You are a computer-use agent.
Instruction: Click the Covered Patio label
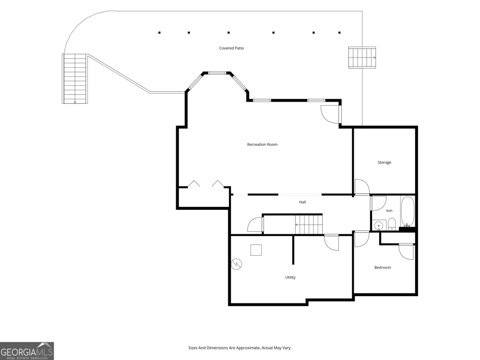tap(231, 48)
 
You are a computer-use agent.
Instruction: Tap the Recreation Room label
tap(263, 144)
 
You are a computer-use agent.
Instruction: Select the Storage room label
tap(384, 163)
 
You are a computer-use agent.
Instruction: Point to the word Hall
tap(302, 202)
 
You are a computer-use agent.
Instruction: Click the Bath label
tap(389, 211)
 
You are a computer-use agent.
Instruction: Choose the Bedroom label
tap(383, 267)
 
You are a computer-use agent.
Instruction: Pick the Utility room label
tap(290, 277)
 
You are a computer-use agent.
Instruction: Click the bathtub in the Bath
tap(408, 212)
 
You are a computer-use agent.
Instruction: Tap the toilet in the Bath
tap(392, 224)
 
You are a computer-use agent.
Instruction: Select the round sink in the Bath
tap(379, 226)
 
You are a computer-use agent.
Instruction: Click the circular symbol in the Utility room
tap(237, 264)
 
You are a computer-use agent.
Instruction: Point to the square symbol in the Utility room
tap(256, 250)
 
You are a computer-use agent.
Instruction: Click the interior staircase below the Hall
tap(309, 224)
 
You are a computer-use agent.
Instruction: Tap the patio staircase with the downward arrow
tap(75, 79)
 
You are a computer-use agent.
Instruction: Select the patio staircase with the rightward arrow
tap(362, 58)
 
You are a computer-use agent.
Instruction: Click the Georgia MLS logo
tap(27, 351)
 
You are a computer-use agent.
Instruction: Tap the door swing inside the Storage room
tap(362, 187)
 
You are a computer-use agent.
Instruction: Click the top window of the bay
tap(217, 73)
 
